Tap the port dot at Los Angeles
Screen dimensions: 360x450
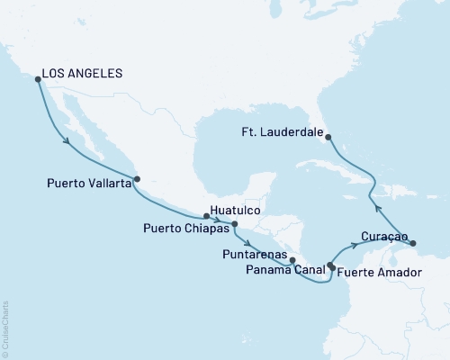click(38, 79)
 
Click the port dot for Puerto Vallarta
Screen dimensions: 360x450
click(137, 178)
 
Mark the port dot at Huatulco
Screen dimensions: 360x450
click(207, 216)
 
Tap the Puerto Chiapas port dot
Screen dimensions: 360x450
click(234, 224)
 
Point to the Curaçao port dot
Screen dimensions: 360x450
click(413, 243)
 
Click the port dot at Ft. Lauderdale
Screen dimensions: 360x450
click(328, 137)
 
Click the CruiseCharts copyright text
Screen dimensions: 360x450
click(5, 325)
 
